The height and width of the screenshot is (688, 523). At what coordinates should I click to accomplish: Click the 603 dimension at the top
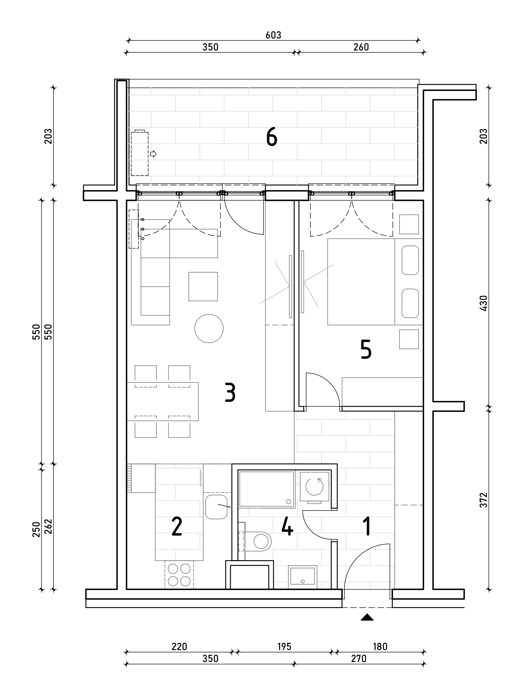pos(274,35)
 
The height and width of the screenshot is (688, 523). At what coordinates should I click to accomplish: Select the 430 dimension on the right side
pos(484,303)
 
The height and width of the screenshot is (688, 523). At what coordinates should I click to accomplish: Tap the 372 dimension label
pos(484,500)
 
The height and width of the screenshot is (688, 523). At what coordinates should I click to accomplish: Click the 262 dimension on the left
pos(48,526)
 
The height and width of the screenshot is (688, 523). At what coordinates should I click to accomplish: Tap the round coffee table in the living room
pos(209,328)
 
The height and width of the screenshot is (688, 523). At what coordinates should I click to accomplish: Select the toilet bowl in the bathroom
pos(261,541)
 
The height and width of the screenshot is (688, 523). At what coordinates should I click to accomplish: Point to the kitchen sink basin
pos(216,507)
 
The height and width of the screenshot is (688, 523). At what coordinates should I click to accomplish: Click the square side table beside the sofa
pos(203,286)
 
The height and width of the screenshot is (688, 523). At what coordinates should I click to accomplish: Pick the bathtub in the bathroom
pos(267,489)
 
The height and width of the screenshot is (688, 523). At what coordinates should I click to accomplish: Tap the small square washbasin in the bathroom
pos(302,577)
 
